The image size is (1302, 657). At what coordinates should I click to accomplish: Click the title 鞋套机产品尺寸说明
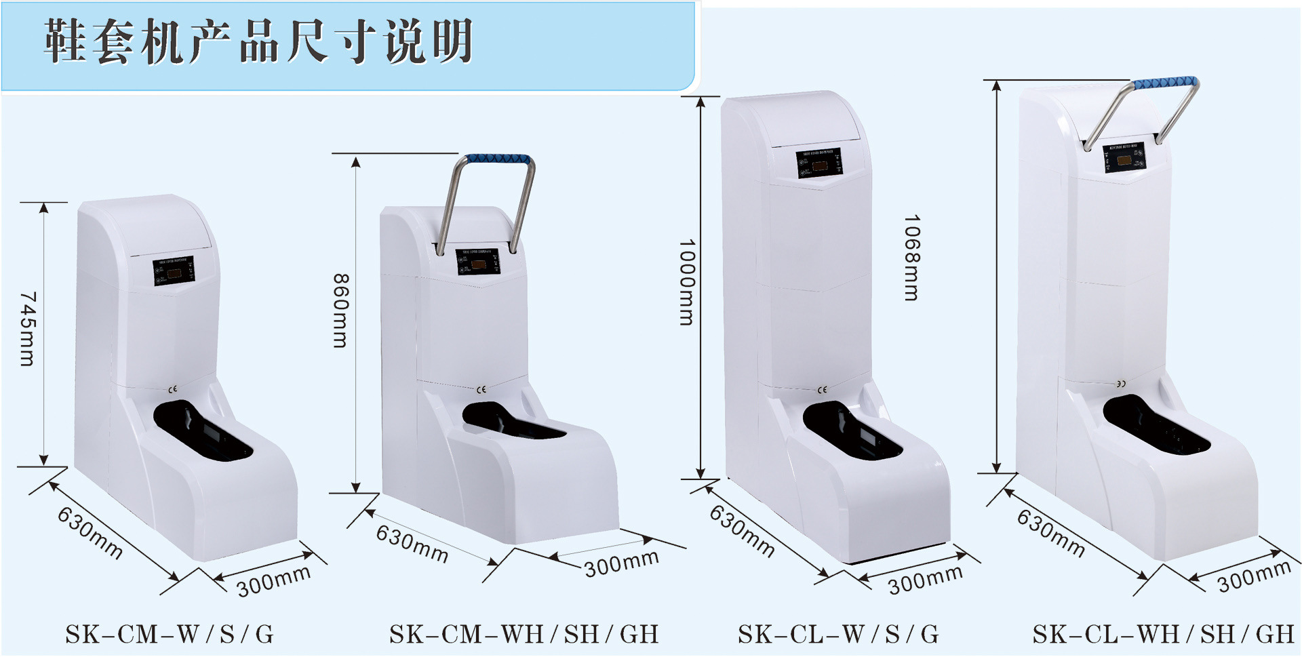click(258, 42)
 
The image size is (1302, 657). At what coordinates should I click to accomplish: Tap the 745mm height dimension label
click(28, 330)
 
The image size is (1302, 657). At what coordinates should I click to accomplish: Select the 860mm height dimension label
click(340, 311)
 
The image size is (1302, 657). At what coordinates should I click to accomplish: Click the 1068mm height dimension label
click(911, 258)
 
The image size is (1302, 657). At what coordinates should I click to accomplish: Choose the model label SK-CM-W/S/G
click(170, 635)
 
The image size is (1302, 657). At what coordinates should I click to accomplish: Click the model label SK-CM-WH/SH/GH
click(524, 635)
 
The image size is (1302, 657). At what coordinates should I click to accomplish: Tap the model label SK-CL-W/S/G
click(838, 635)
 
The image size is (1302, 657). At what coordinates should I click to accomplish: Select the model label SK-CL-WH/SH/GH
click(1163, 635)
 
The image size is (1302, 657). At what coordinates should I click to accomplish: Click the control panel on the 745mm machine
click(174, 271)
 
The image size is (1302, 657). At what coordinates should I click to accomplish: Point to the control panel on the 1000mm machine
click(818, 163)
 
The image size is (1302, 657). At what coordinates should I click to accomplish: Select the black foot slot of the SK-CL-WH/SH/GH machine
click(1156, 426)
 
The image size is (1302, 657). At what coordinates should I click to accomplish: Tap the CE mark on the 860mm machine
click(481, 390)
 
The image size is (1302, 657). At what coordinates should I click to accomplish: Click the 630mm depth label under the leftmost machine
click(90, 533)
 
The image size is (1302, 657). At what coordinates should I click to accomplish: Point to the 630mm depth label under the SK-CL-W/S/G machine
click(742, 532)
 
